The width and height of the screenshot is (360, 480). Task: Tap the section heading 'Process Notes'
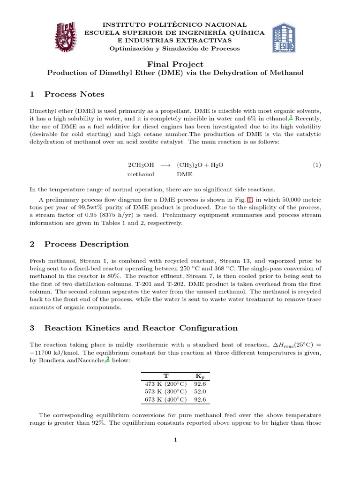(x=74, y=94)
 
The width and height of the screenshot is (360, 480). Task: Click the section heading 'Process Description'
(x=86, y=244)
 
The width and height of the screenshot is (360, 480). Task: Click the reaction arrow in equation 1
(x=165, y=165)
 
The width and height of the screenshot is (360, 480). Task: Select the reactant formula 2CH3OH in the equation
(x=141, y=165)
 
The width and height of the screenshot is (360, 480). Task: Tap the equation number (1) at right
(x=317, y=165)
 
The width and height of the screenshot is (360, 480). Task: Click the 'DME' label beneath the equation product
(x=184, y=174)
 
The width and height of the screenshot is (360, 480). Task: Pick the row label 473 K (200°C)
(x=165, y=383)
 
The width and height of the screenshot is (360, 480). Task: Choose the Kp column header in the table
(x=199, y=376)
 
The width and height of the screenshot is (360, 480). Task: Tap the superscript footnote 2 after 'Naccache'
(x=108, y=358)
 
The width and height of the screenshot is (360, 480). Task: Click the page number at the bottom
(x=174, y=440)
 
